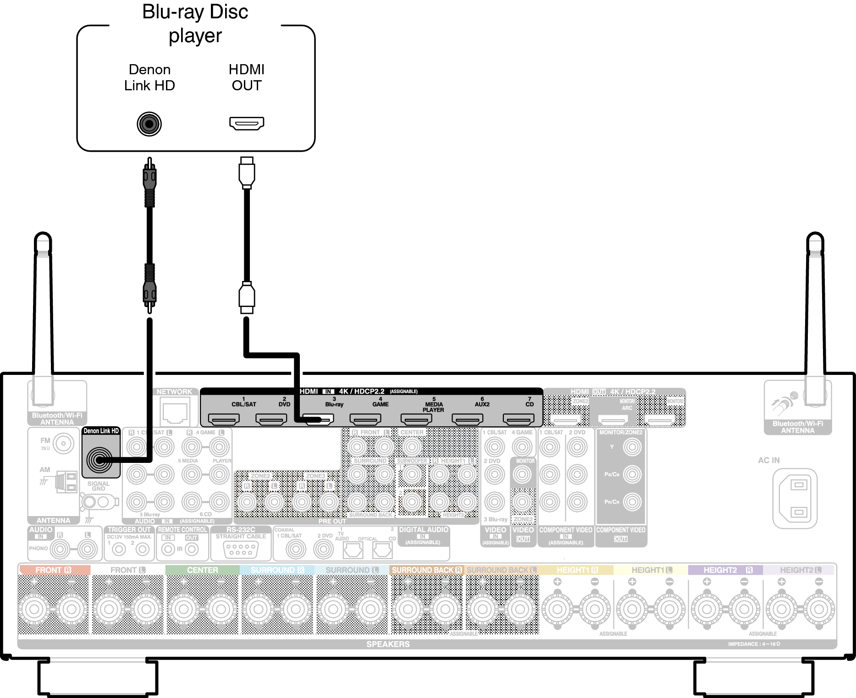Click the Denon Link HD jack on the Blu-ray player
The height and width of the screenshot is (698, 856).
tap(149, 124)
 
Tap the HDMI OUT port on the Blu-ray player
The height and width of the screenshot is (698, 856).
tap(247, 123)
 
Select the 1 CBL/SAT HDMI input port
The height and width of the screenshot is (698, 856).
tap(224, 419)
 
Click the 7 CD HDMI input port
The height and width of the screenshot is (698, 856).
tap(519, 419)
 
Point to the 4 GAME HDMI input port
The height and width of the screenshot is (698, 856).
tap(365, 419)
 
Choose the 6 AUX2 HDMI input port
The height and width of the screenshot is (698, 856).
tap(468, 419)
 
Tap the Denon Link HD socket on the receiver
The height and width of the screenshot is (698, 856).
tap(99, 460)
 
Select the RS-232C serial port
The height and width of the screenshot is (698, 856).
tap(241, 549)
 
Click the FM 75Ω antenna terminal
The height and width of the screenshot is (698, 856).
tap(63, 444)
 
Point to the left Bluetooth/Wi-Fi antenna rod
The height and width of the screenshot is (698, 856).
tap(43, 312)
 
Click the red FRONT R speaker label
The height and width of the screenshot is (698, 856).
tap(54, 570)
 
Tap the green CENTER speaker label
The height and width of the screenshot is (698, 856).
tap(202, 570)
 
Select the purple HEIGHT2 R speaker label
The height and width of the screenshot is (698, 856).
tap(725, 570)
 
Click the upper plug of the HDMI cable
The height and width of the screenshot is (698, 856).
tap(247, 173)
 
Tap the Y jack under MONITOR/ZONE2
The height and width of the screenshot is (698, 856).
tap(632, 446)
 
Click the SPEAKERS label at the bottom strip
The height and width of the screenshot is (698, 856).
tap(388, 644)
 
